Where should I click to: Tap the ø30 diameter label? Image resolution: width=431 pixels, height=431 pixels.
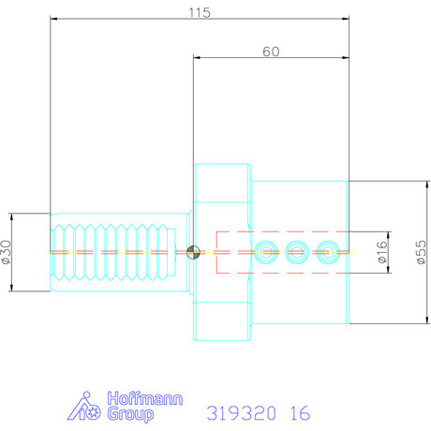(x=8, y=251)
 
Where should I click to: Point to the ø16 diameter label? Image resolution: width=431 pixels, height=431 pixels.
(x=381, y=251)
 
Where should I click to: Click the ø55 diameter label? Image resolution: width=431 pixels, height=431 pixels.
(x=421, y=252)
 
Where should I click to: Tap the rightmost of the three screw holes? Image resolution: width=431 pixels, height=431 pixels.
(x=327, y=251)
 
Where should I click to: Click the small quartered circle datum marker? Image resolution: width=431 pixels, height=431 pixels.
(x=193, y=251)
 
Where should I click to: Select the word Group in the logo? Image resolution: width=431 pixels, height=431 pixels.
(x=126, y=414)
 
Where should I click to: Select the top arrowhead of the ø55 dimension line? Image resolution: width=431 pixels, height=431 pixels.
(x=410, y=183)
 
